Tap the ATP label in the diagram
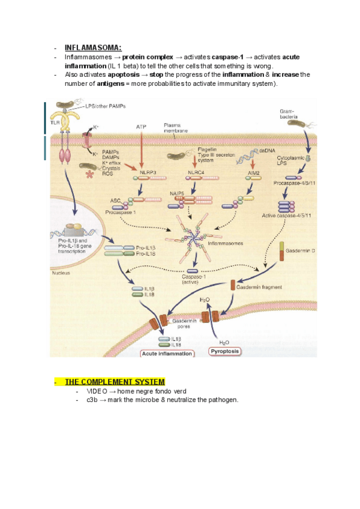pyautogui.click(x=141, y=127)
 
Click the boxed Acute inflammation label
pyautogui.click(x=167, y=354)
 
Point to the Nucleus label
pyautogui.click(x=61, y=273)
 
